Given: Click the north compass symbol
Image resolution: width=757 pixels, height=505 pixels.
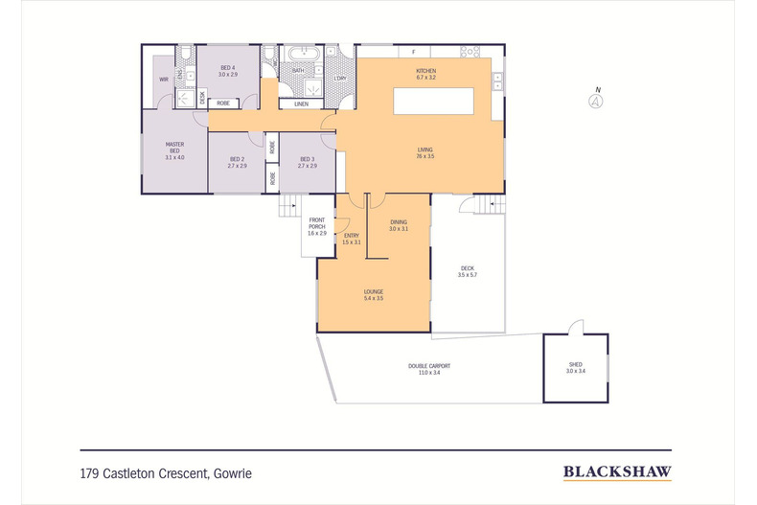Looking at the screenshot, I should [597, 99].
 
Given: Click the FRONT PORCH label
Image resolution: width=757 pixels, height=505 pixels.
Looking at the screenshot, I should [317, 226].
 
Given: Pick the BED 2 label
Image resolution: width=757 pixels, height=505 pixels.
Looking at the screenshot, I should [237, 162].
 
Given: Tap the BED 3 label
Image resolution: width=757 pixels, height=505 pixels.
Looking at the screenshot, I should [307, 162].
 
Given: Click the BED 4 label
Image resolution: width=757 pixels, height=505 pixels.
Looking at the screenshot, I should [227, 70].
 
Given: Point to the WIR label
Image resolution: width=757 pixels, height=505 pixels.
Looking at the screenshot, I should [164, 80].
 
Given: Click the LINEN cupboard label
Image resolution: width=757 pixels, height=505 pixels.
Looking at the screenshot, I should [302, 103].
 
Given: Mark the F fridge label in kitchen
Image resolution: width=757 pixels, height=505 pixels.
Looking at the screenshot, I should [413, 51].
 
